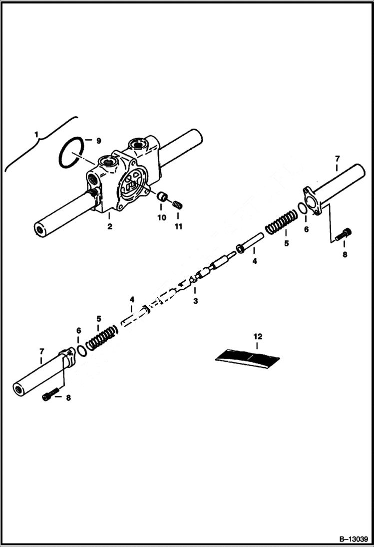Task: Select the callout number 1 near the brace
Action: (x=36, y=134)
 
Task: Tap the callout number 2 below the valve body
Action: (x=109, y=227)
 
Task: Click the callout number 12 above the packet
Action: (x=258, y=337)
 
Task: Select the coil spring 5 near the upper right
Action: (x=280, y=222)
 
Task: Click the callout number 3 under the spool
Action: (x=195, y=301)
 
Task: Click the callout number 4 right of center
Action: (x=254, y=261)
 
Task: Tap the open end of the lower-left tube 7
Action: (x=19, y=389)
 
